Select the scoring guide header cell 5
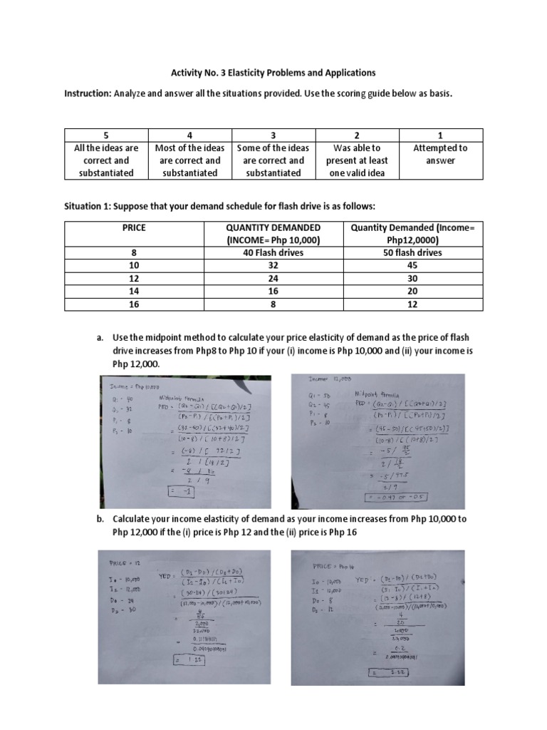point(105,135)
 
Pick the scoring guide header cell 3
point(273,135)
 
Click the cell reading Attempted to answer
point(441,154)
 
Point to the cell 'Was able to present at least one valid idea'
point(358,160)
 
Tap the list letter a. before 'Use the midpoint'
point(100,337)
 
